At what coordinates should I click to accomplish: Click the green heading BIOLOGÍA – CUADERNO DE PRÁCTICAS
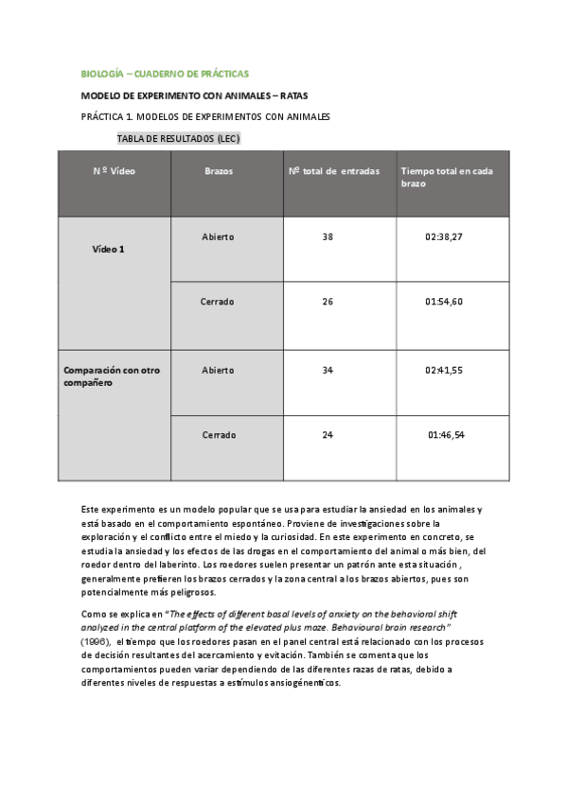tap(165, 73)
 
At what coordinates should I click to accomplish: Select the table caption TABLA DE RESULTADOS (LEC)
tap(178, 138)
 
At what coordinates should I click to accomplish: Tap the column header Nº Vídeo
tap(114, 172)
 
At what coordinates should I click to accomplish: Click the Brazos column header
tap(219, 172)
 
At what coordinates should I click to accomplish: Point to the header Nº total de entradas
tap(334, 172)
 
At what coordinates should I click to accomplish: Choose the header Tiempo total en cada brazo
tap(446, 178)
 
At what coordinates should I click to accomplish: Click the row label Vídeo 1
tap(108, 249)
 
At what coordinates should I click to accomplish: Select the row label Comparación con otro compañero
tap(111, 376)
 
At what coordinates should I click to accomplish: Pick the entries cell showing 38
tap(328, 237)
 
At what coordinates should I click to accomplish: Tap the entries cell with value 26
tap(328, 303)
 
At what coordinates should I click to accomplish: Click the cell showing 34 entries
tap(328, 370)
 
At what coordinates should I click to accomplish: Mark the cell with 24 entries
tap(328, 435)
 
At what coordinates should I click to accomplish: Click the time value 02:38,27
tap(444, 237)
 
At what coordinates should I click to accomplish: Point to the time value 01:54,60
tap(444, 303)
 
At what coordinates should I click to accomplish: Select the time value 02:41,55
tap(444, 370)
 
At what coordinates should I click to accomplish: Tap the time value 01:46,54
tap(446, 435)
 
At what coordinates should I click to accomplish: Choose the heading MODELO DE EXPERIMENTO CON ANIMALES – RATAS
tap(194, 96)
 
